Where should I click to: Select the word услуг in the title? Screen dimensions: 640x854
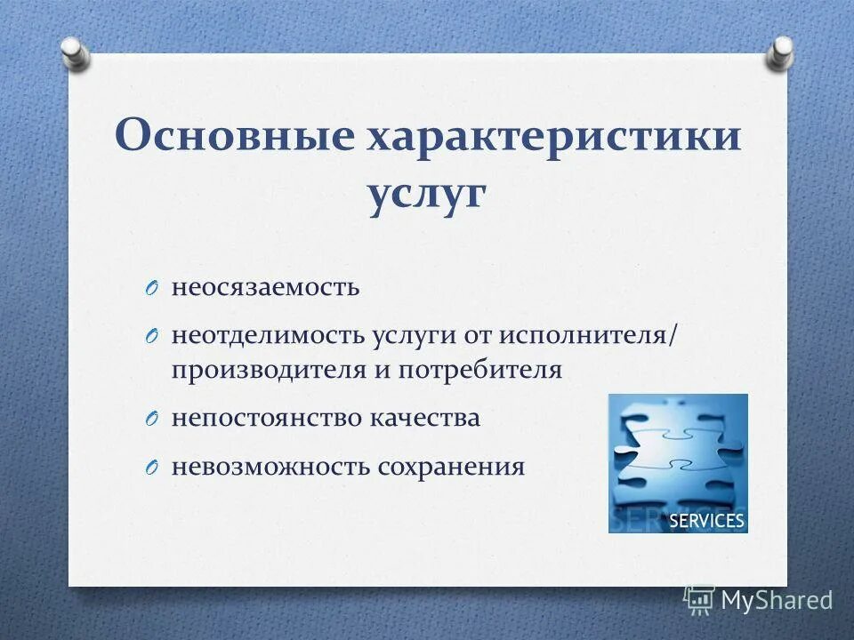[x=426, y=195]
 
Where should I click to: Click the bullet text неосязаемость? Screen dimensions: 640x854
[x=266, y=287]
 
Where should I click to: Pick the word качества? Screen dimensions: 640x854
[x=424, y=419]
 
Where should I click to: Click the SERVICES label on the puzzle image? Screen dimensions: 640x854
[x=705, y=520]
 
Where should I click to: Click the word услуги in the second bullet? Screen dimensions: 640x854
[x=414, y=336]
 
